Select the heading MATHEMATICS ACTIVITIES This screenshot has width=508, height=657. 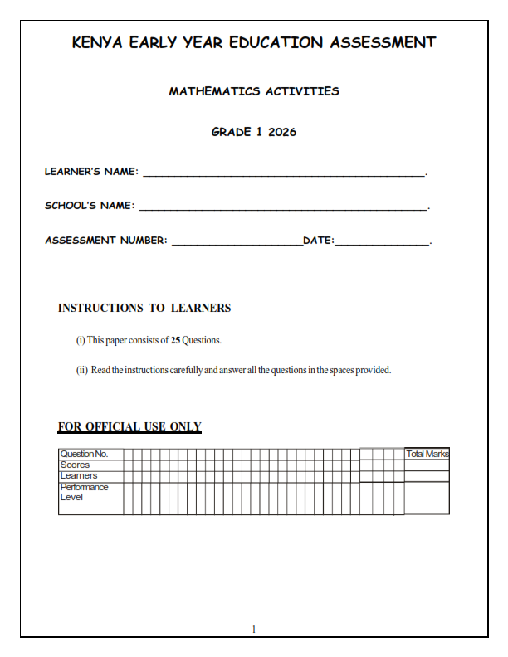254,91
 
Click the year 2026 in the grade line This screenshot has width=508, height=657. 282,132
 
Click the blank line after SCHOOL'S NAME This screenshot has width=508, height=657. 282,208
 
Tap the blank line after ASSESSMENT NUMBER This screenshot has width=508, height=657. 237,243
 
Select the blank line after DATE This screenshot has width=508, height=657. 383,243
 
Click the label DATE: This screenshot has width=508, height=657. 319,241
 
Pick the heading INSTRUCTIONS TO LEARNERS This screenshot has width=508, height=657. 144,308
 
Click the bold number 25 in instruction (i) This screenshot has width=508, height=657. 175,340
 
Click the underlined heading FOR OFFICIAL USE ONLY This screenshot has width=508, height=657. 129,427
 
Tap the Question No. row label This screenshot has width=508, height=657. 84,454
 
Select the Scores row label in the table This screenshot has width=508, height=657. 75,465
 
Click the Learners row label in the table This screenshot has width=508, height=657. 78,476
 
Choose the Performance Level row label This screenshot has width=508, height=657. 83,492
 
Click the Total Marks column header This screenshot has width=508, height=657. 427,454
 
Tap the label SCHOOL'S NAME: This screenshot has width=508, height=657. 89,206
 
